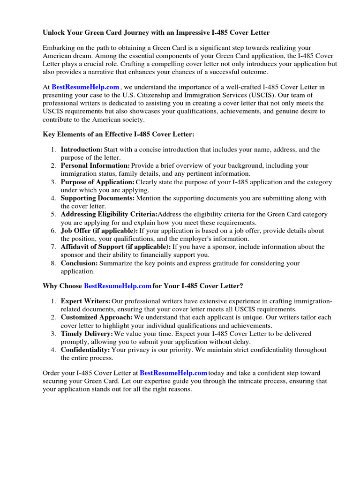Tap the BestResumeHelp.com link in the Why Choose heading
[x=118, y=285]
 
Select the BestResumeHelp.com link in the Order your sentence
[x=173, y=373]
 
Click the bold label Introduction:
[x=82, y=150]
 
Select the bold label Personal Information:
[x=95, y=165]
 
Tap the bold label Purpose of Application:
[x=97, y=182]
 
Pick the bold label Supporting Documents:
[x=97, y=198]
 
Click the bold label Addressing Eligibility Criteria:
[x=109, y=214]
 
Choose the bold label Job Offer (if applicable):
[x=99, y=231]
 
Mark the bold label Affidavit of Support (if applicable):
[x=116, y=247]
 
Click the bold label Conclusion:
[x=79, y=263]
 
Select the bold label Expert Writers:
[x=86, y=301]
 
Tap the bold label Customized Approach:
[x=96, y=317]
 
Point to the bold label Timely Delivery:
[x=87, y=334]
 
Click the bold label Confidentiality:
[x=85, y=350]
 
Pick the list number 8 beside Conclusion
[x=53, y=263]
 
